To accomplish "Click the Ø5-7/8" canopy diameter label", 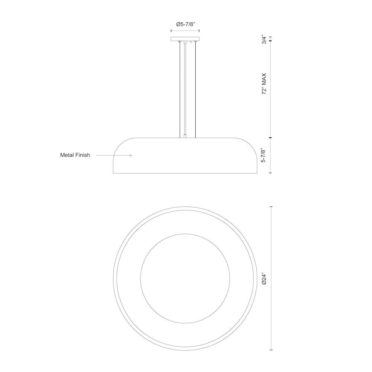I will pos(185,25).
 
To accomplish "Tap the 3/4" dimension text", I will pos(264,40).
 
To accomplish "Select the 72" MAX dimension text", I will pos(264,84).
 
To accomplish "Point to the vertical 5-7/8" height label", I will pos(264,155).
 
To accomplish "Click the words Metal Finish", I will pos(75,155).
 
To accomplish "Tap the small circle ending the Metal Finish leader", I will pos(131,155).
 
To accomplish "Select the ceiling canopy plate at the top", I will pos(185,39).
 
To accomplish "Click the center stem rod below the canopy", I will pos(185,89).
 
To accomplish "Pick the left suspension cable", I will pos(180,89).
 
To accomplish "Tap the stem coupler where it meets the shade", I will pos(185,136).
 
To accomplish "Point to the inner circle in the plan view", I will pos(185,234).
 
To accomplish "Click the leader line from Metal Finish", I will pos(112,155).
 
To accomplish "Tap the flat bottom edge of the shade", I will pos(185,173).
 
